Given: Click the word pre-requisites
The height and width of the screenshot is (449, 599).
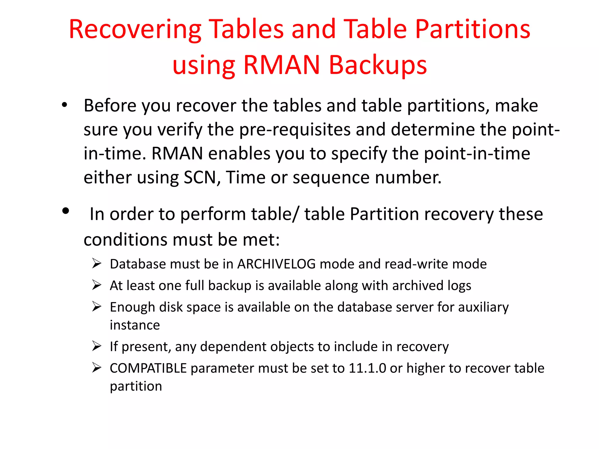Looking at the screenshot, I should tap(295, 129).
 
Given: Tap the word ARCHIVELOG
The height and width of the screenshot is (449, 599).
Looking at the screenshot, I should tap(276, 264).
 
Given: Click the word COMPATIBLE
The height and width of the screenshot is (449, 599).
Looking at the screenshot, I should tap(148, 368).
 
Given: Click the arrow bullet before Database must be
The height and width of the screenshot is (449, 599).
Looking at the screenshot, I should tap(97, 264).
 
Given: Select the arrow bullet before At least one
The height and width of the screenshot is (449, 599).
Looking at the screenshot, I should tap(97, 285).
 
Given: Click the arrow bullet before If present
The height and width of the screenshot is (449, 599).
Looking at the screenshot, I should tap(97, 346).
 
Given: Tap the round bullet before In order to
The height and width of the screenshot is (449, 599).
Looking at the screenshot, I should tap(66, 211).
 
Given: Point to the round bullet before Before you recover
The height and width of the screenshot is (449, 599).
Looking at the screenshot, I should tap(65, 105).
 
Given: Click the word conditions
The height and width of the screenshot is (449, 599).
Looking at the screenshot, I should tap(125, 240).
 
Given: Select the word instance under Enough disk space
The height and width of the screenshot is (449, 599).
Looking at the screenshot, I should tap(135, 325).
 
